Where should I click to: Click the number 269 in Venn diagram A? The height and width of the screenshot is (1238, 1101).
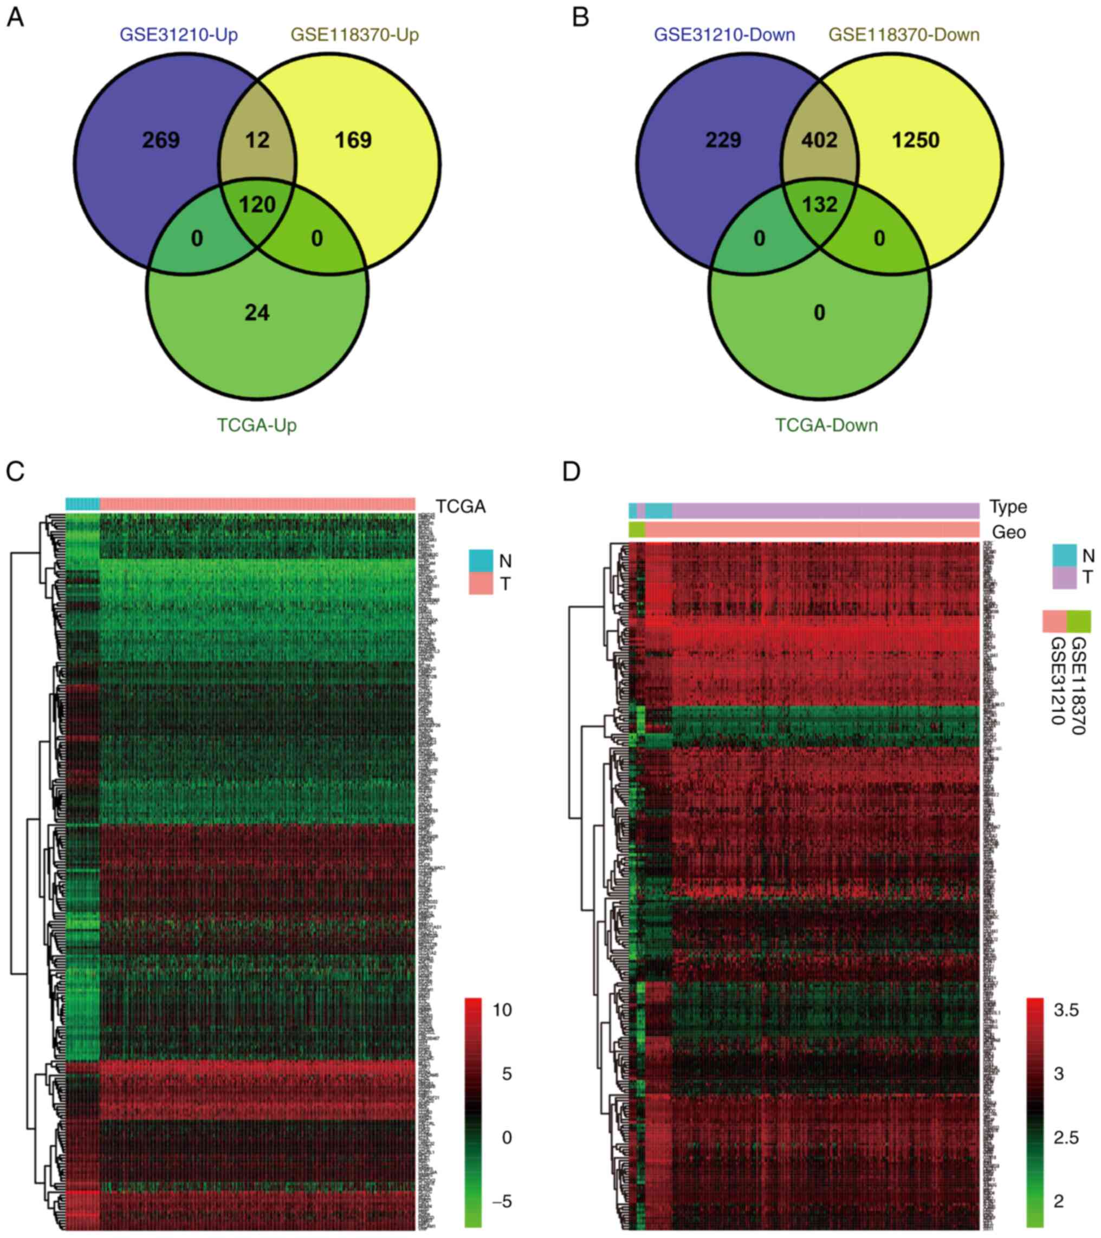(x=160, y=140)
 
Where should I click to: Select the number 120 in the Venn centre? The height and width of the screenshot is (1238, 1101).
(x=257, y=205)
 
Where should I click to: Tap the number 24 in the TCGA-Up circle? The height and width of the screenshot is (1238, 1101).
(x=257, y=312)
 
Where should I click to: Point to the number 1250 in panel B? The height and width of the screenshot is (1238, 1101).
(x=916, y=140)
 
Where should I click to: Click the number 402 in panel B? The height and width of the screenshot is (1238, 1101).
(x=819, y=140)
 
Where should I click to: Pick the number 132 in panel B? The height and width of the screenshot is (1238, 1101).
(x=819, y=205)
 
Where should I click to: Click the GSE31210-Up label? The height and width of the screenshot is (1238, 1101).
(x=179, y=35)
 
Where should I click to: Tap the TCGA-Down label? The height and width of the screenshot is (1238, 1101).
(x=826, y=425)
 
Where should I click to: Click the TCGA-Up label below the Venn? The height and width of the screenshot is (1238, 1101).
(x=257, y=425)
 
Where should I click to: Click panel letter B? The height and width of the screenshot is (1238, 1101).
(x=580, y=18)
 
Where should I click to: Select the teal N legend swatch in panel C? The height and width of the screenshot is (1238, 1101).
(x=481, y=561)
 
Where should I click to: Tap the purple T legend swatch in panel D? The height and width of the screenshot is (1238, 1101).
(x=1064, y=578)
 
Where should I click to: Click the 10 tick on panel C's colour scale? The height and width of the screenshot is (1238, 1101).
(x=502, y=1010)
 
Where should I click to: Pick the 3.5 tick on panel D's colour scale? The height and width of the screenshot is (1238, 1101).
(x=1066, y=1010)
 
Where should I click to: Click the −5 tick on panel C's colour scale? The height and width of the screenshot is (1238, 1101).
(x=500, y=1202)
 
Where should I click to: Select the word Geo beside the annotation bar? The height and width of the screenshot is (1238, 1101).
(x=1009, y=532)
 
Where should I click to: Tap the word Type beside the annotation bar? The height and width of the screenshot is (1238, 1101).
(x=1008, y=506)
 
